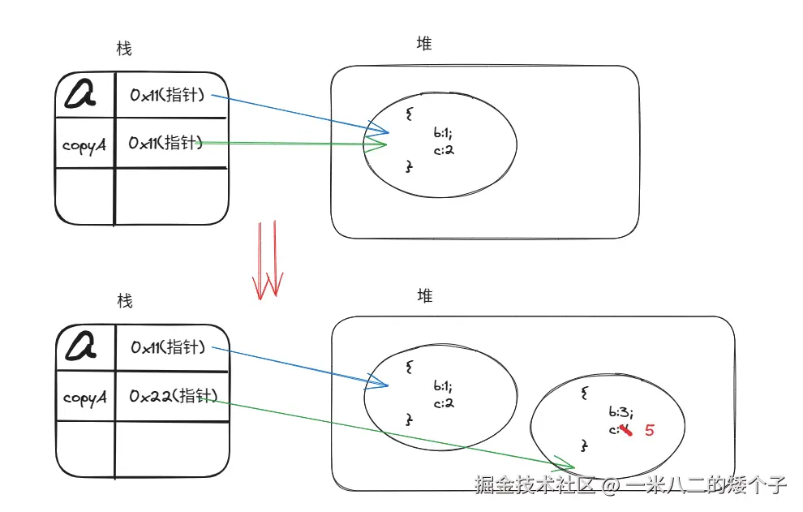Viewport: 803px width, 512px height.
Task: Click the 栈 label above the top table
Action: coord(124,49)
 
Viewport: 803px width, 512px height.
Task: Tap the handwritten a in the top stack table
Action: coord(80,95)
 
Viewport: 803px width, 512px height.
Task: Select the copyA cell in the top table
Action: coord(84,145)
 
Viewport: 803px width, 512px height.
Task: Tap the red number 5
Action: coord(649,430)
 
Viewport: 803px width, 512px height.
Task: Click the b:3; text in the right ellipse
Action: coord(620,411)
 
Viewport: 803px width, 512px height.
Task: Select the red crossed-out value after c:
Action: coord(623,429)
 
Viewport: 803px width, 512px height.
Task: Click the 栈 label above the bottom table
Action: coord(124,302)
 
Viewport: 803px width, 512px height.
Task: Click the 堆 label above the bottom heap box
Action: coord(424,295)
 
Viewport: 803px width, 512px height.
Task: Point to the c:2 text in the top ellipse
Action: coord(444,149)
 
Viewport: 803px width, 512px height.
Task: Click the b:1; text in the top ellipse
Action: coord(446,132)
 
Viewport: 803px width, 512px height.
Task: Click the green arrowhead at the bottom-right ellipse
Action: coord(565,463)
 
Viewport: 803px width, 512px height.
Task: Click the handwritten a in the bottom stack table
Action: coord(80,347)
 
